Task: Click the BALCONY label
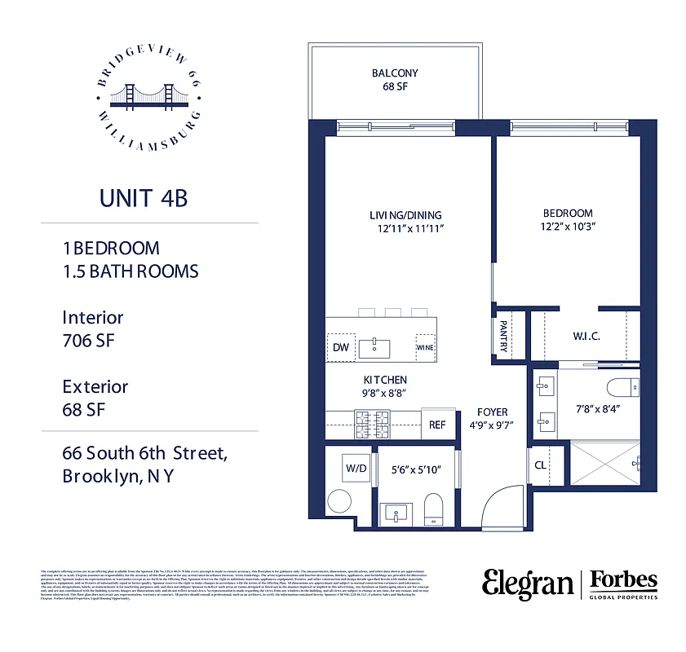click(395, 73)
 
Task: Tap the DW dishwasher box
click(340, 347)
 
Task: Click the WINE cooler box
click(425, 347)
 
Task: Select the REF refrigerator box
click(438, 424)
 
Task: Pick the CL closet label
click(540, 466)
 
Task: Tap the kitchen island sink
click(376, 347)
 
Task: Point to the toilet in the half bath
click(432, 509)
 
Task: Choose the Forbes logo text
click(623, 580)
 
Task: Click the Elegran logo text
click(527, 584)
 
